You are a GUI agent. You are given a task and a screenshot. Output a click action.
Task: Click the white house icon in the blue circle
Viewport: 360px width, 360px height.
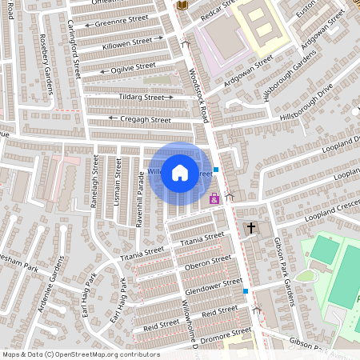pos(180,172)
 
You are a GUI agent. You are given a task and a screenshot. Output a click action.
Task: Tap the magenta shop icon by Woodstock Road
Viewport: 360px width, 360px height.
pos(214,198)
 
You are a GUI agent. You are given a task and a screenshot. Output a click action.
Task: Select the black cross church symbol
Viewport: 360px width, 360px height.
pos(251,229)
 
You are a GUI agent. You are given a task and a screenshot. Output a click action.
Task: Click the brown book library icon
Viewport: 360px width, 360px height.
pos(182,5)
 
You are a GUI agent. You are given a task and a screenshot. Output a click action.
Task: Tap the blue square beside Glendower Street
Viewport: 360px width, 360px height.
pos(246,290)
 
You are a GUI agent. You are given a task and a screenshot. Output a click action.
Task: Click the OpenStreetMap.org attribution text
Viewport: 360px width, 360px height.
pos(112,354)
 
